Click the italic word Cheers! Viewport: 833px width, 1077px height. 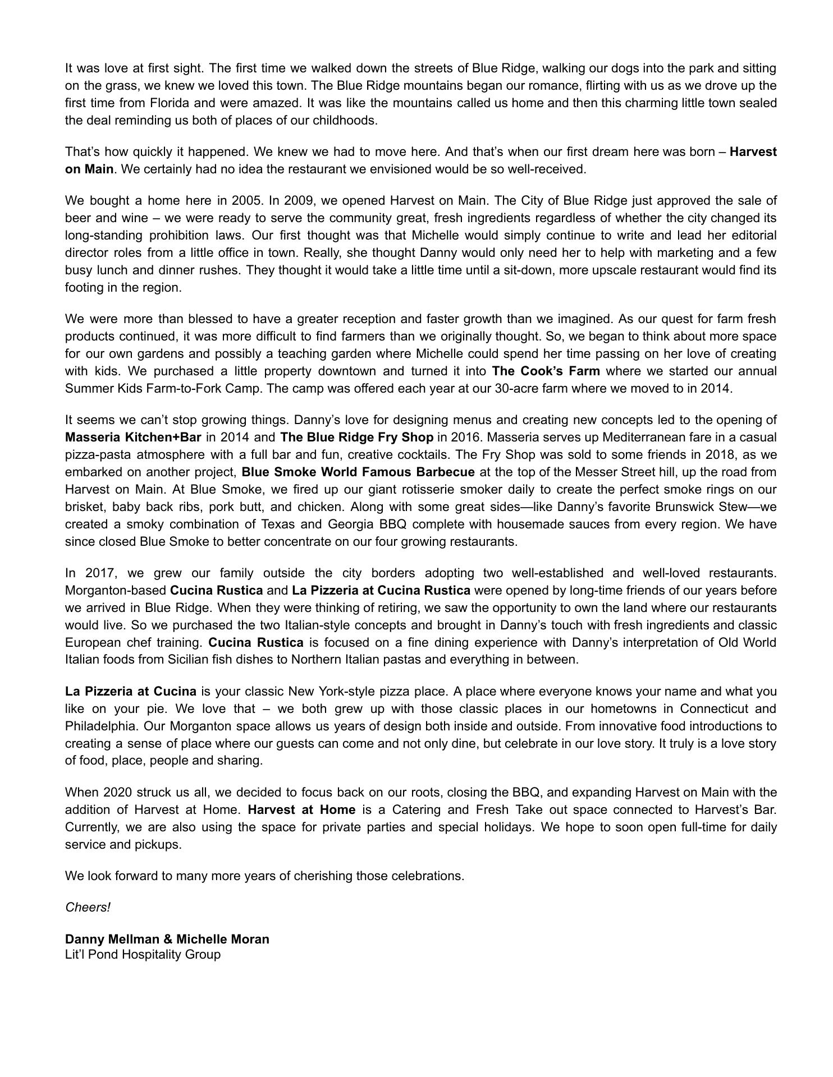coord(88,907)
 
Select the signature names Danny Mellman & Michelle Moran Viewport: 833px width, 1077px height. coord(167,939)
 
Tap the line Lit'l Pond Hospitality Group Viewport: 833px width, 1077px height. coord(143,954)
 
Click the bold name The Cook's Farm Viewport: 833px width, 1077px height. coord(546,371)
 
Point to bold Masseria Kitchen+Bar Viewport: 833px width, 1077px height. coord(133,437)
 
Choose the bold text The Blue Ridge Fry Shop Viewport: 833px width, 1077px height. coord(356,437)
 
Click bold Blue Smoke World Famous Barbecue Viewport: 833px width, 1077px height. coord(358,472)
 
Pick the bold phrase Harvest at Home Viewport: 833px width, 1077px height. coord(301,809)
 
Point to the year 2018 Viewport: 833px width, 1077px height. coord(720,454)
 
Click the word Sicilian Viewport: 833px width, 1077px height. coord(193,660)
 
